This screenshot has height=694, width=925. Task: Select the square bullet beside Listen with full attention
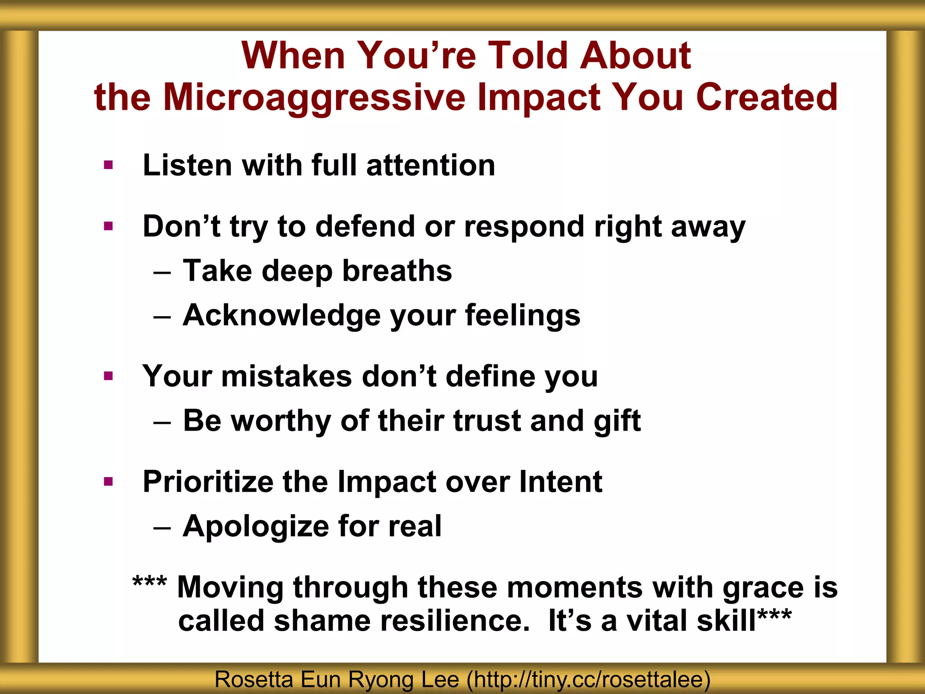pos(108,165)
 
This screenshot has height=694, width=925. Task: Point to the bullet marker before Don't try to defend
pos(108,225)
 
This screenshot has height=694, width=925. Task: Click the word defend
pos(364,226)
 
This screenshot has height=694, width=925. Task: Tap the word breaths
pos(397,271)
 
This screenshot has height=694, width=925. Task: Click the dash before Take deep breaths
pos(162,273)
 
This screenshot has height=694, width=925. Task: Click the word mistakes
pos(286,376)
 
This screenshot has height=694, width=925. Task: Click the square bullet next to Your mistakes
pos(108,376)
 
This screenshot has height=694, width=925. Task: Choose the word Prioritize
pos(208,482)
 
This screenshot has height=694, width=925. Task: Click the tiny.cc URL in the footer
pos(589,680)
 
